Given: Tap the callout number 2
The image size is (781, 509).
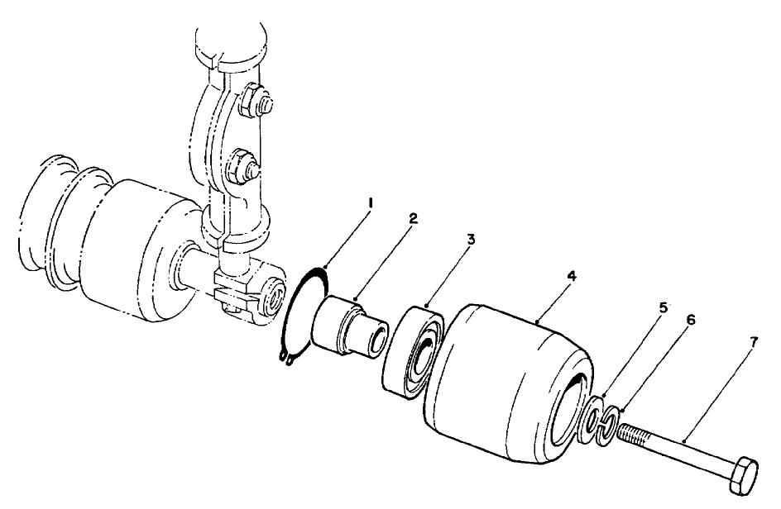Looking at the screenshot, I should (x=414, y=219).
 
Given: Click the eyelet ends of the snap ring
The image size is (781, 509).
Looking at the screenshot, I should (x=287, y=357).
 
